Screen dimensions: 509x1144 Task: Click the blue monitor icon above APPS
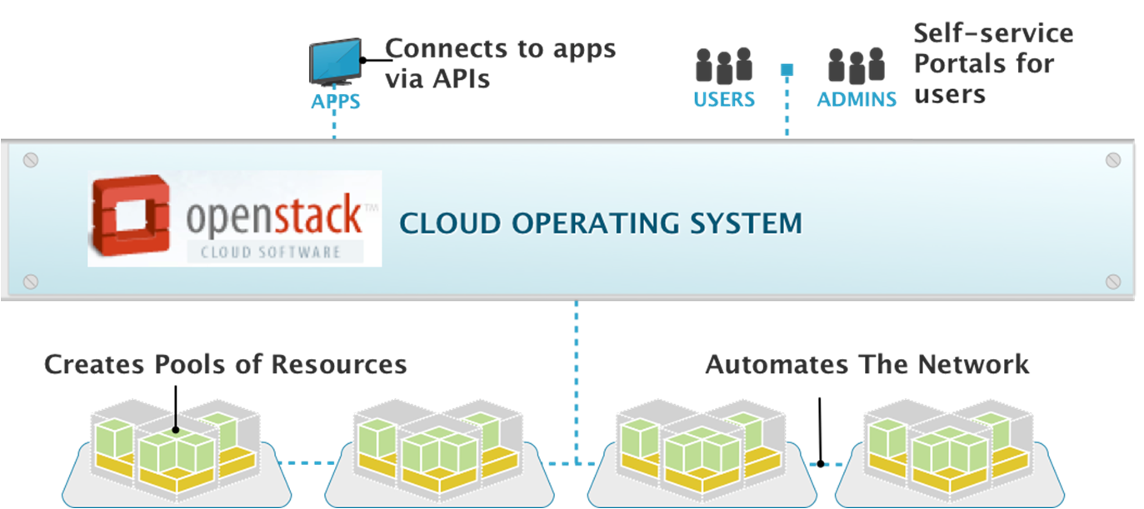coord(335,61)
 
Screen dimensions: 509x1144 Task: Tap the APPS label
coord(335,102)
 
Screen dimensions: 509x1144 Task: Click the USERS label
coord(724,99)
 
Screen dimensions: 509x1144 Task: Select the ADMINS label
coord(857,99)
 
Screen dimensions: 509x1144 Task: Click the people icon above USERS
coord(724,66)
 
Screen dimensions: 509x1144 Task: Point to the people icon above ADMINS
coord(856,66)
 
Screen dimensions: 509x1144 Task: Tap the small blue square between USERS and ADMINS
coord(786,71)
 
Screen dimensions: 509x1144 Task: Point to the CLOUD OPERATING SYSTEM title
coord(600,223)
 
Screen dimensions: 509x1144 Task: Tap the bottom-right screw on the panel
coord(1112,282)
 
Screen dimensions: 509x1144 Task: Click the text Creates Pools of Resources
coord(225,364)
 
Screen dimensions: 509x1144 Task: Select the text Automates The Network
coord(867,364)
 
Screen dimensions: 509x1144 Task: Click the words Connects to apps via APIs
coord(500,63)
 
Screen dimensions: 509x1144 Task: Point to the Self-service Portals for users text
coord(992,63)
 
